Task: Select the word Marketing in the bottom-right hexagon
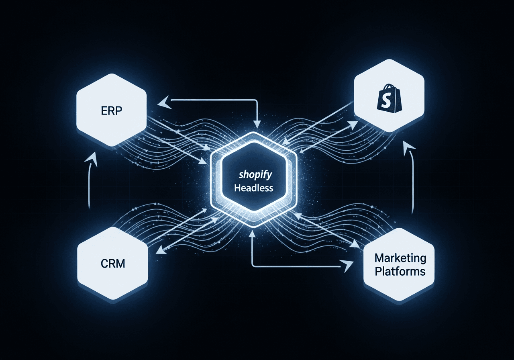pos(400,258)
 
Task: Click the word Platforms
pos(400,271)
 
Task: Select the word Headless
pos(253,188)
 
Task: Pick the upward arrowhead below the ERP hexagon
pos(93,157)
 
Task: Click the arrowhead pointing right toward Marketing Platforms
pos(346,265)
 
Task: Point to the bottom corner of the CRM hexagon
pos(112,300)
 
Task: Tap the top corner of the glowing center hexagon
pos(253,132)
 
